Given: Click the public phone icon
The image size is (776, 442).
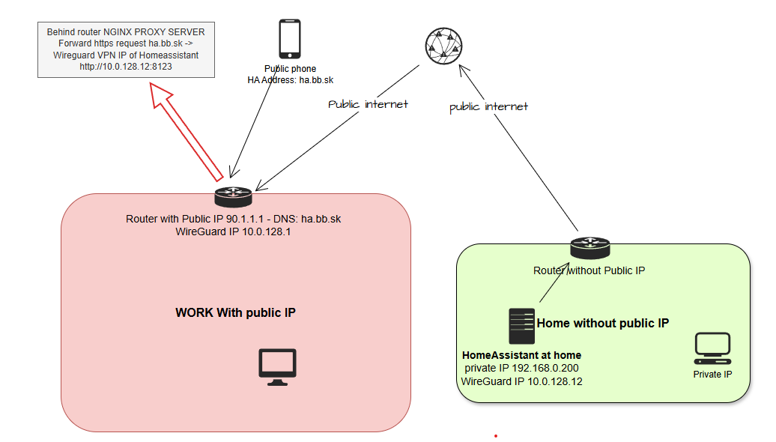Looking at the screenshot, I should (290, 39).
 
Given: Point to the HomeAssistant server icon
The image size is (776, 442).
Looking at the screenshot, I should (521, 327).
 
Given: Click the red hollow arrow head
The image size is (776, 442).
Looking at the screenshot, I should (163, 97).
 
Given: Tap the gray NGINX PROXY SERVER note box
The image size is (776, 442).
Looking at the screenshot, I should (126, 49).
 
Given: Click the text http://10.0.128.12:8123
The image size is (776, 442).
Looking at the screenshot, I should (126, 67).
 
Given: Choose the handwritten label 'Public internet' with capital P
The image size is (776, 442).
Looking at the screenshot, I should (368, 104).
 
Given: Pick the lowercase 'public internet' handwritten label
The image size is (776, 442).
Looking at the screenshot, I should (488, 107).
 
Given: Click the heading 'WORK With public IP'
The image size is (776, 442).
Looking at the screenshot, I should (235, 312).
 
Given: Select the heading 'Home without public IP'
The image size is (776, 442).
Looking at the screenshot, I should (602, 323).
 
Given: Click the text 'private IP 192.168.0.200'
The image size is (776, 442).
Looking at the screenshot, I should (521, 368).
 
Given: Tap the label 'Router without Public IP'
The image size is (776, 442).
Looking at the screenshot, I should (589, 270).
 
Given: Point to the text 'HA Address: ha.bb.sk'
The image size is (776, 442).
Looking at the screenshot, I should (290, 79).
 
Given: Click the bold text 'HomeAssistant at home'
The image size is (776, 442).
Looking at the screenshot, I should (521, 355).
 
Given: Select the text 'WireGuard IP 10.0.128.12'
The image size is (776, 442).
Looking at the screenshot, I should (521, 381).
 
